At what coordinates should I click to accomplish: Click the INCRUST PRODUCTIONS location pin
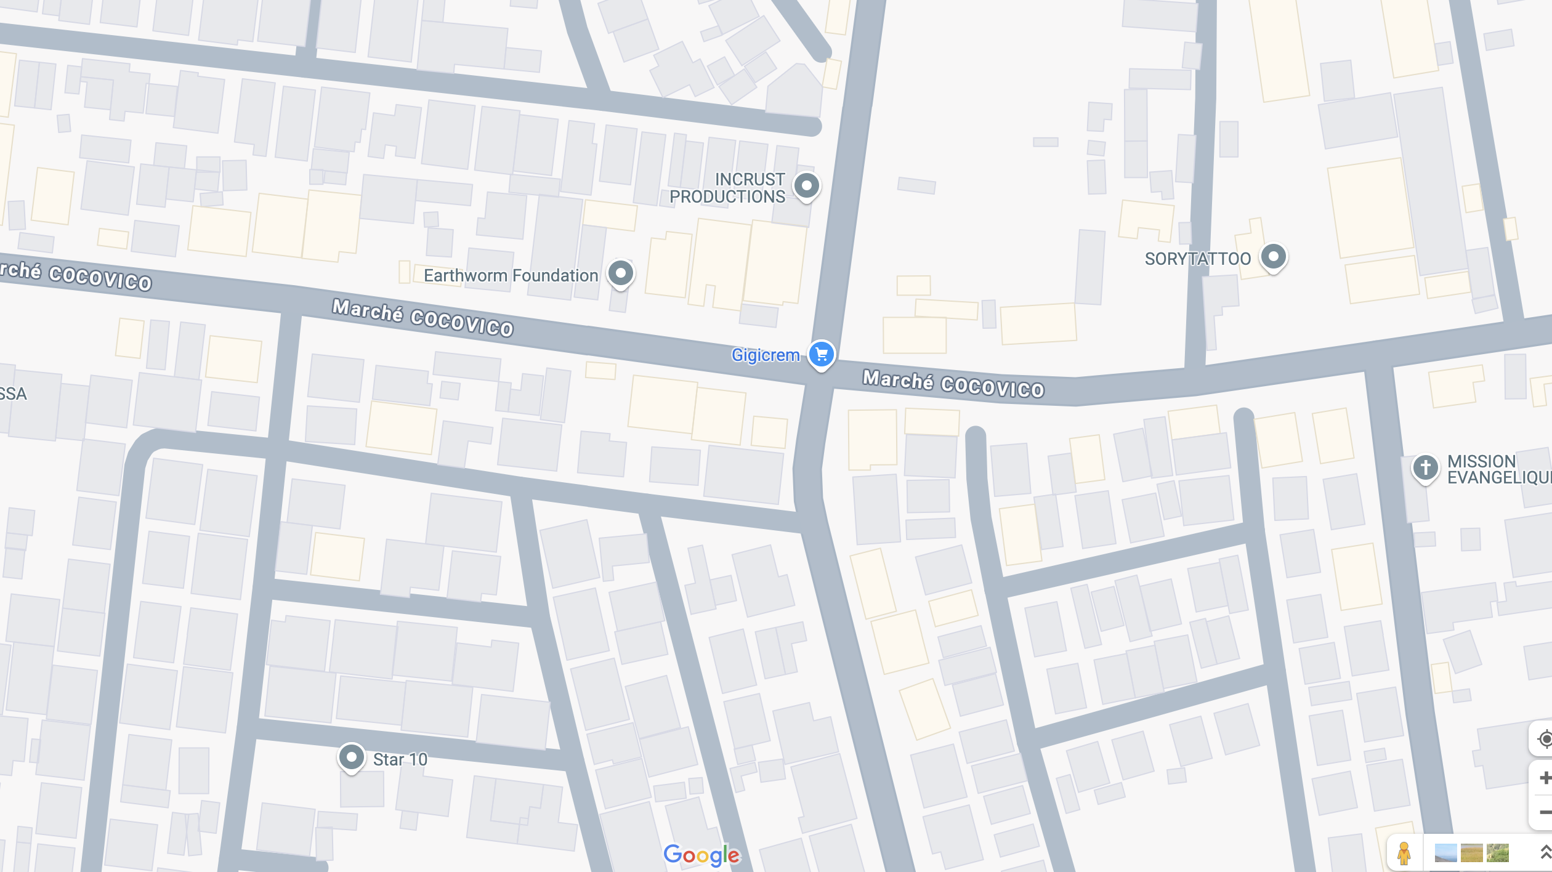coord(806,185)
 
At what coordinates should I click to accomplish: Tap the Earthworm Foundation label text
coord(511,275)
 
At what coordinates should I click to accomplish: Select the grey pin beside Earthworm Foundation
coord(620,273)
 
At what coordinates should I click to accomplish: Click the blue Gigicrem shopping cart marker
coord(821,354)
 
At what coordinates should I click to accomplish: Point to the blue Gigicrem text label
coord(765,355)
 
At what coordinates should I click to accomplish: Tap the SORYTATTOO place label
coord(1197,259)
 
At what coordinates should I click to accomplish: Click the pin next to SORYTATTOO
coord(1273,256)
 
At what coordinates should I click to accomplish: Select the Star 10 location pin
coord(351,756)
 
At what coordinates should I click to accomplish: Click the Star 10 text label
coord(400,759)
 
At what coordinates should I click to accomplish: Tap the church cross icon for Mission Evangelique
coord(1425,467)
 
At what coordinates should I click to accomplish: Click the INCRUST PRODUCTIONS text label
coord(727,188)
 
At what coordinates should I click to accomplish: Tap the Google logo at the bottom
coord(702,854)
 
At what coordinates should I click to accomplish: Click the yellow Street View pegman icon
coord(1404,853)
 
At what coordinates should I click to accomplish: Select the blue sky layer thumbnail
coord(1445,853)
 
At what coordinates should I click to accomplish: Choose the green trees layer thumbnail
coord(1498,853)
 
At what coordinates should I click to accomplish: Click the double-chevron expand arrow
coord(1544,853)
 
